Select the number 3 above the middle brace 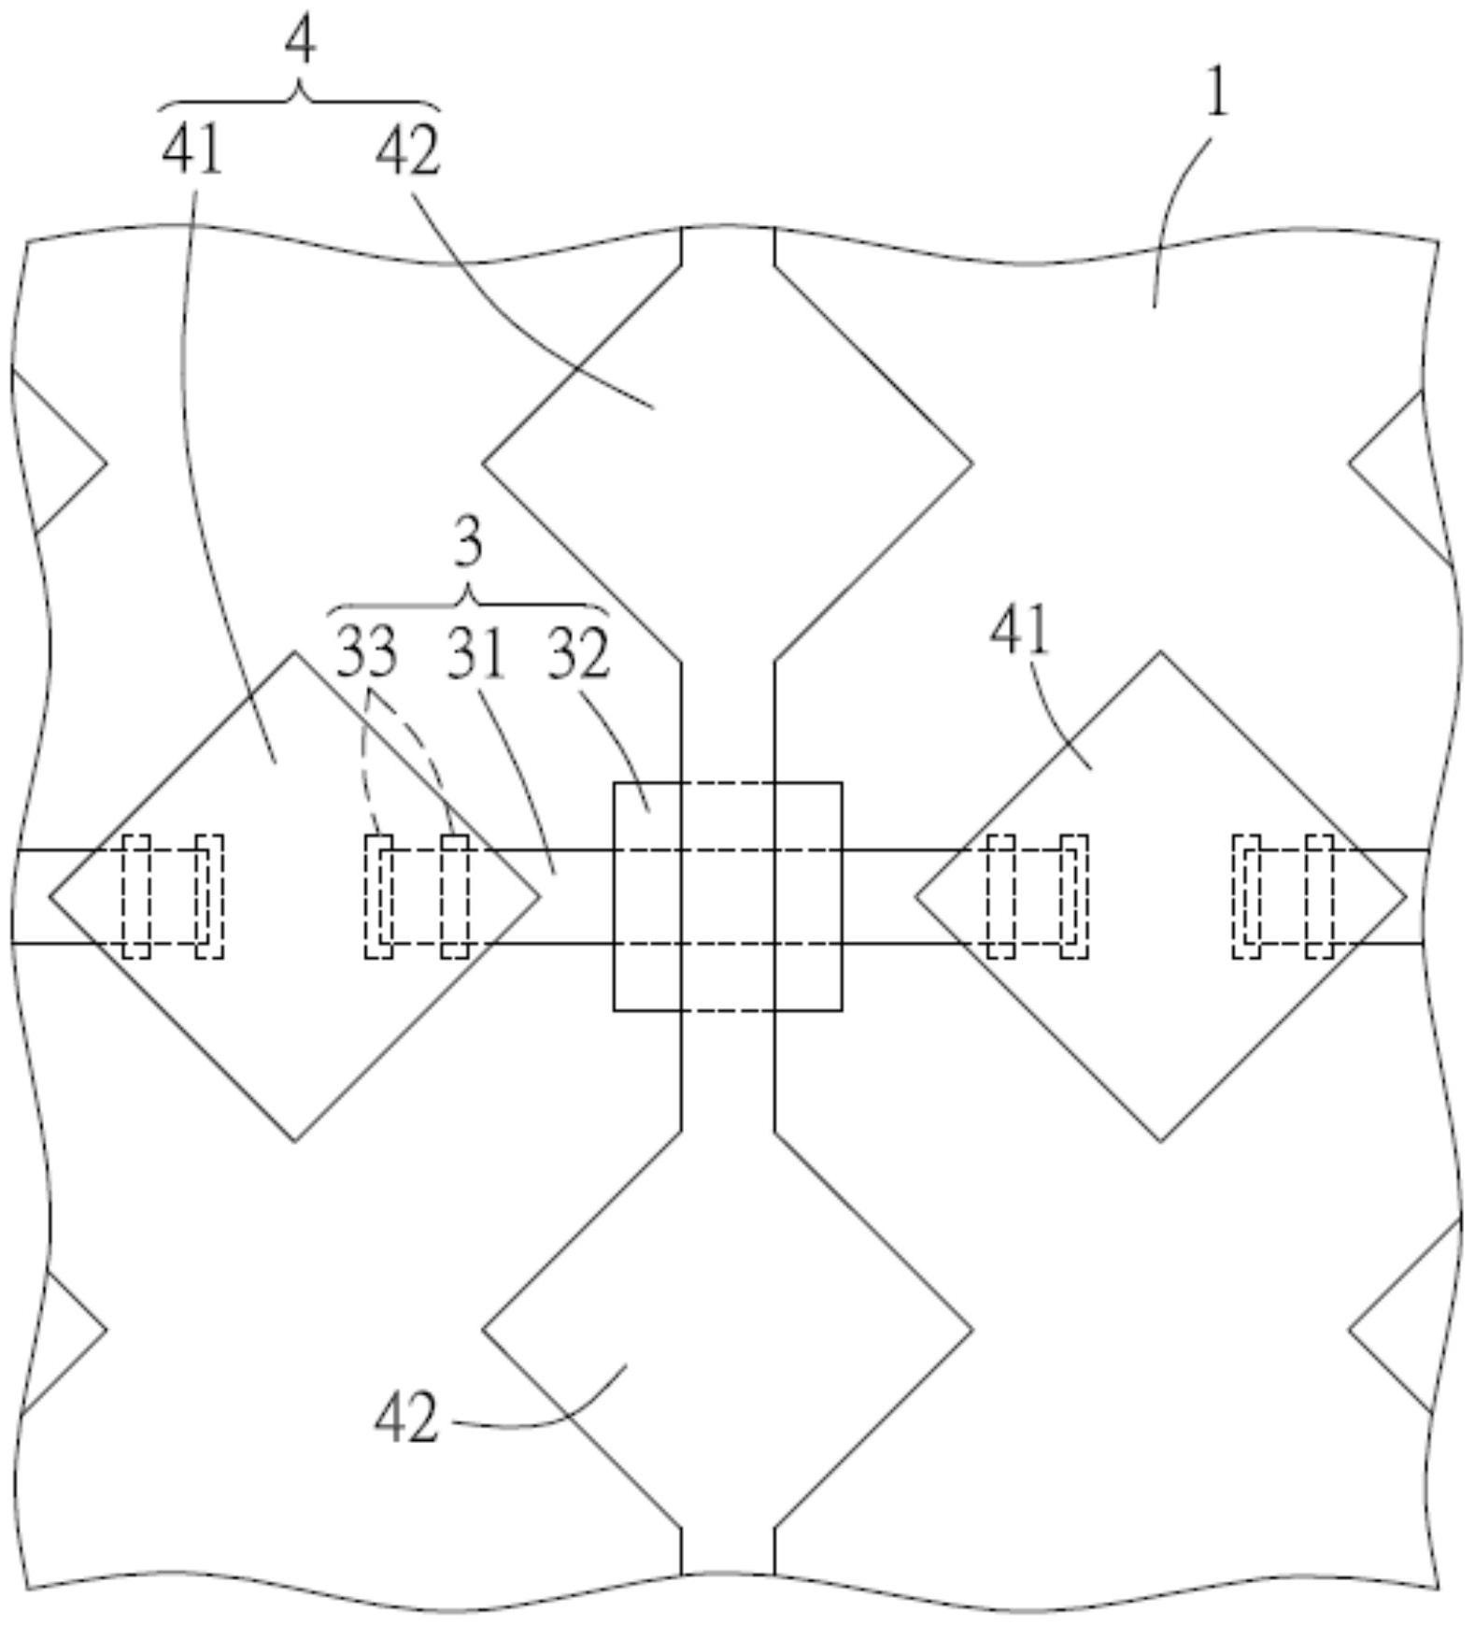click(468, 544)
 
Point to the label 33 click(366, 652)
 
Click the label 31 click(475, 652)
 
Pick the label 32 click(578, 652)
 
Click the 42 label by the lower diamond click(405, 1418)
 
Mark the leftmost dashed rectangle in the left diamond click(135, 896)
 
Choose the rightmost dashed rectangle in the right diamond click(1319, 896)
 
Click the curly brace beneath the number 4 click(299, 98)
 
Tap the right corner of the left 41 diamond click(539, 896)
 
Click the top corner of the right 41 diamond click(1160, 652)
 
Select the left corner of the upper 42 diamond click(483, 463)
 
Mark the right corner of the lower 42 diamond click(972, 1329)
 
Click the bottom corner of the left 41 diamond click(295, 1140)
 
